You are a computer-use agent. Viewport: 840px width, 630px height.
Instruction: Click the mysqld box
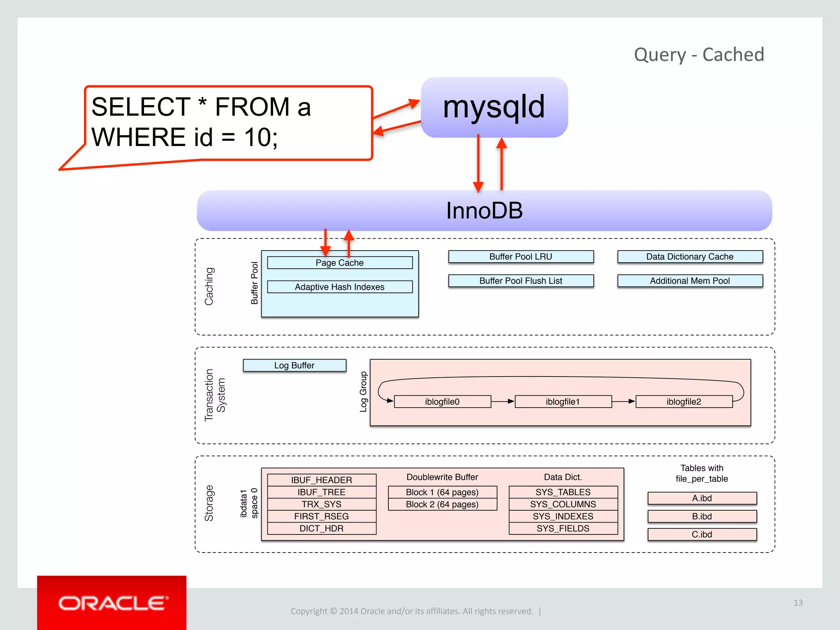[494, 107]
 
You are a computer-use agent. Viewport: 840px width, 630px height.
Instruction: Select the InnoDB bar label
[484, 210]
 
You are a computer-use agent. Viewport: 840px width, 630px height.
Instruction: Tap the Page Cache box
[340, 263]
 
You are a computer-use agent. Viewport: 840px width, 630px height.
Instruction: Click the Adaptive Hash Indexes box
[340, 287]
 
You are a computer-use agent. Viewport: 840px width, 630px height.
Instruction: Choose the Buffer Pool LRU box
[521, 257]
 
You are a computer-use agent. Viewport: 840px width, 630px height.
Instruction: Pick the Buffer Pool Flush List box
[521, 281]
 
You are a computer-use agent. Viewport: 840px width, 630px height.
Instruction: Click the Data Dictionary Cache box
[690, 257]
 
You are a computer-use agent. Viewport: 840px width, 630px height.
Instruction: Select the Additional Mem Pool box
[690, 281]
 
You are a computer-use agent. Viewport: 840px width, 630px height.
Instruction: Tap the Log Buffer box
[294, 365]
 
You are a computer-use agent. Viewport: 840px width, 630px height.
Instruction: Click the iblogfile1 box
[563, 402]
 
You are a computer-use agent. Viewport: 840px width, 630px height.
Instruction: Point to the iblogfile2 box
[684, 402]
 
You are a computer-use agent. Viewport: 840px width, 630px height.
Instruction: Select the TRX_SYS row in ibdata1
[322, 504]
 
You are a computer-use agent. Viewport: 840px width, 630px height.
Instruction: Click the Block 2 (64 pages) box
[442, 504]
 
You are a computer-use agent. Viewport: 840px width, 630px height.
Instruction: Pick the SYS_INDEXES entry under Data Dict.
[563, 516]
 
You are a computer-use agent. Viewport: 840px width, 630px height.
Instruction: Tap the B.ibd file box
[702, 516]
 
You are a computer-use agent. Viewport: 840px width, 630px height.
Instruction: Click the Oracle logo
[112, 603]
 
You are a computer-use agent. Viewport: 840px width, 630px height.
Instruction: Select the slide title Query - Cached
[699, 55]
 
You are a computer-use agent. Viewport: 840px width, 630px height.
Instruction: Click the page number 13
[798, 603]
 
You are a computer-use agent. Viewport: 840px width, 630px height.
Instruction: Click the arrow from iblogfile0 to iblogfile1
[503, 401]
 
